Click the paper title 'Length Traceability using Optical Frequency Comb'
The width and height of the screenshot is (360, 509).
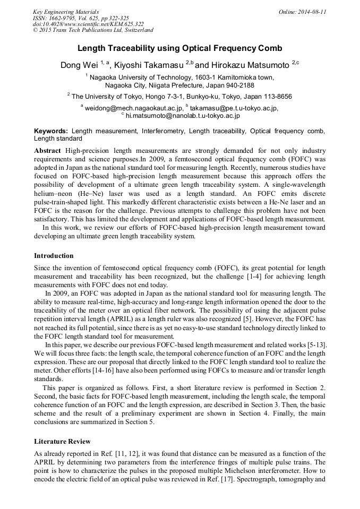point(179,48)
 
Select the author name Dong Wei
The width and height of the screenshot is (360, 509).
point(79,65)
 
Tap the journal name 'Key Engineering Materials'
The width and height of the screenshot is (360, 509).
point(66,11)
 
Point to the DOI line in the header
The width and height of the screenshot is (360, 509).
point(88,24)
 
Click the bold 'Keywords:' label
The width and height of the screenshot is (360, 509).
point(51,131)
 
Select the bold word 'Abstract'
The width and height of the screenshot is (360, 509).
point(48,151)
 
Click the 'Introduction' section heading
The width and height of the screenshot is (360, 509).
point(54,256)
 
